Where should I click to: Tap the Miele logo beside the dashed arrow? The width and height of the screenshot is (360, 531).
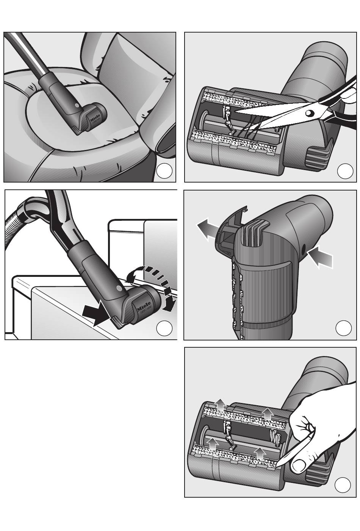tap(143, 308)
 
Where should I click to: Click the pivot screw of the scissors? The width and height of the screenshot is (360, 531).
tap(309, 112)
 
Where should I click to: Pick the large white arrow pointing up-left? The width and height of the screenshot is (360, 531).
tap(208, 231)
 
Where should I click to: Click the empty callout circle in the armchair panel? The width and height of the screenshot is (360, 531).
tap(164, 171)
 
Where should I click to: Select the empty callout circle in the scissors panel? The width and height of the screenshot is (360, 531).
tap(345, 171)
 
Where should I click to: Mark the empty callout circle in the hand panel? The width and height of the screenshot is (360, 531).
tap(343, 485)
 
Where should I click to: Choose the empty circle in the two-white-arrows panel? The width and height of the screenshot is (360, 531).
tap(344, 328)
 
